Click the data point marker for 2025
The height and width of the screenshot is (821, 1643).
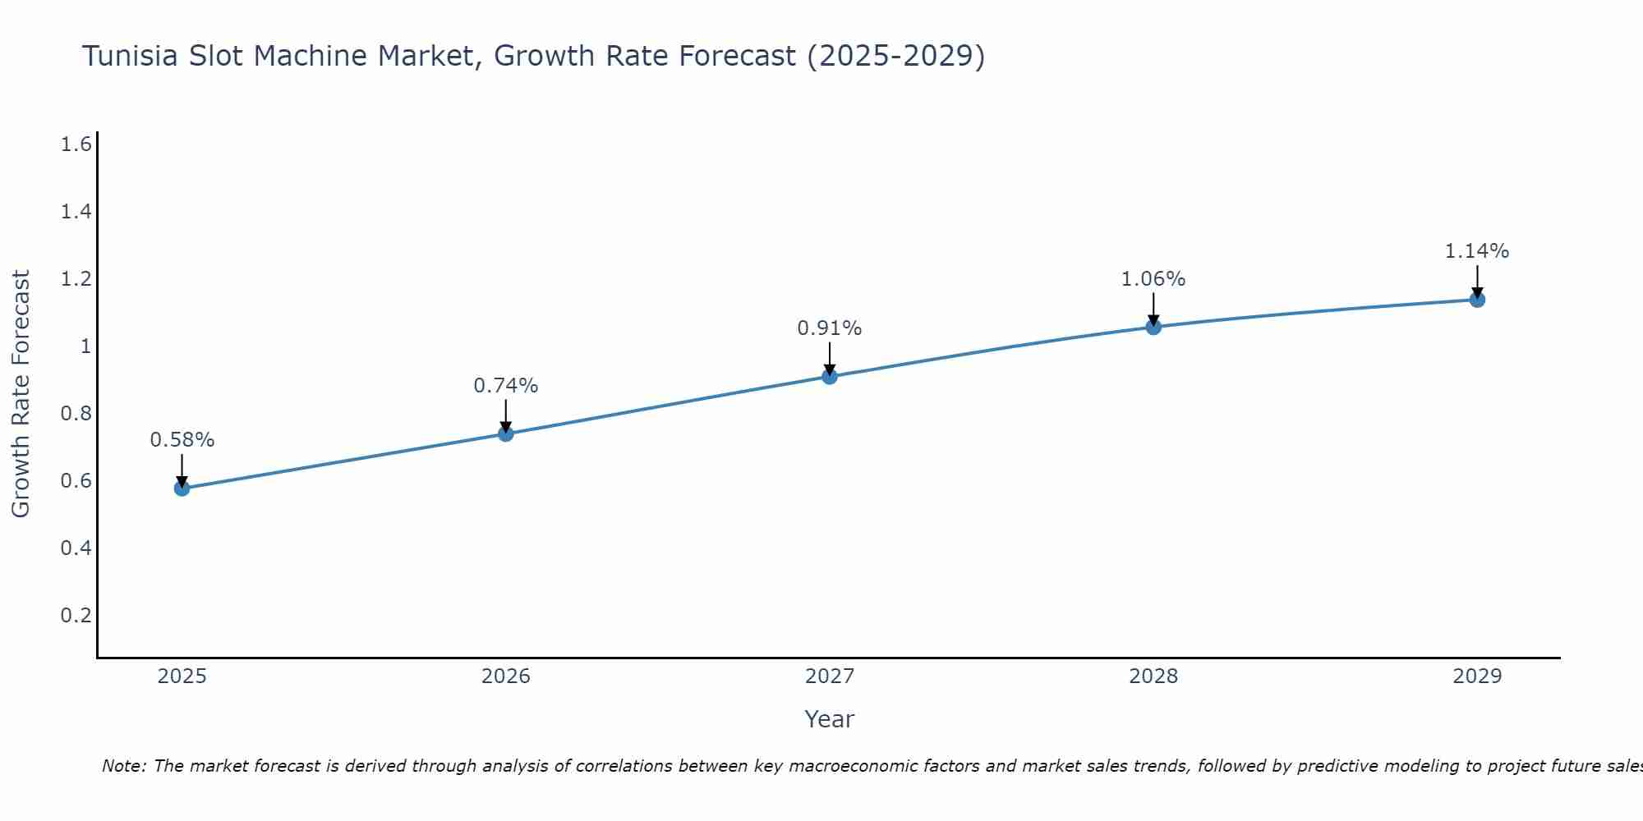182,488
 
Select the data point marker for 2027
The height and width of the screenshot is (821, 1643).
830,377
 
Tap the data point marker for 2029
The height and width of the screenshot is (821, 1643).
1477,300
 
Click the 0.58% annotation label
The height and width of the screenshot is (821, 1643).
182,440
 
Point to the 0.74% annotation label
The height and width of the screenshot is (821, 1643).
505,386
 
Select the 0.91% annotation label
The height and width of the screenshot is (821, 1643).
830,328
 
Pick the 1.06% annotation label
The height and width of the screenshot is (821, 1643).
1153,279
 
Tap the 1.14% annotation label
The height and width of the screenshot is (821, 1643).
1477,251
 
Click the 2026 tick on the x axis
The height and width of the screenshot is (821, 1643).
505,677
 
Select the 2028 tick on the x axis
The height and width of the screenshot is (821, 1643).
1153,677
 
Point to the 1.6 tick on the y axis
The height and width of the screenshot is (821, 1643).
76,145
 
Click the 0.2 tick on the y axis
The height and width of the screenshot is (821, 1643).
76,616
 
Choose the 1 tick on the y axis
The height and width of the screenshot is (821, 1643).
85,346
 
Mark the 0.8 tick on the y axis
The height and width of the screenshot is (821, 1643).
76,414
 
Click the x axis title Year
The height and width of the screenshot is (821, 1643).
830,719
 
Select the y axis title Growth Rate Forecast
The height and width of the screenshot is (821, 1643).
21,394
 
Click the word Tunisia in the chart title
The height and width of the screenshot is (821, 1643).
130,56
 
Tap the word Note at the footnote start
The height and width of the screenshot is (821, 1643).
123,766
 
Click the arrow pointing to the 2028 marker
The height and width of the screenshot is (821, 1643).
1153,310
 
